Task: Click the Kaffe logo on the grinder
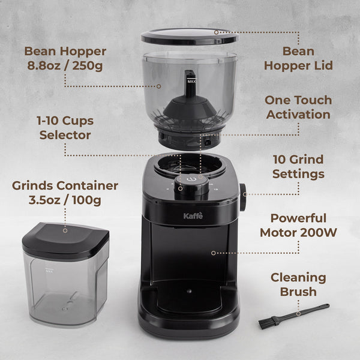[193, 215]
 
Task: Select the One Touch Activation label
[298, 107]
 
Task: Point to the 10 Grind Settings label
[298, 167]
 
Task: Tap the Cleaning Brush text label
[298, 284]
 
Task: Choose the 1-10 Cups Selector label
[65, 127]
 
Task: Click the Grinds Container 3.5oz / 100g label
[65, 192]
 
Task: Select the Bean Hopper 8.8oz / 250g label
[65, 58]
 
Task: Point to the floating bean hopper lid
[190, 35]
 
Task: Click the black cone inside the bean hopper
[190, 108]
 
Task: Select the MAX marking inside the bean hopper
[191, 80]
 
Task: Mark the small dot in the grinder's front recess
[188, 291]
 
